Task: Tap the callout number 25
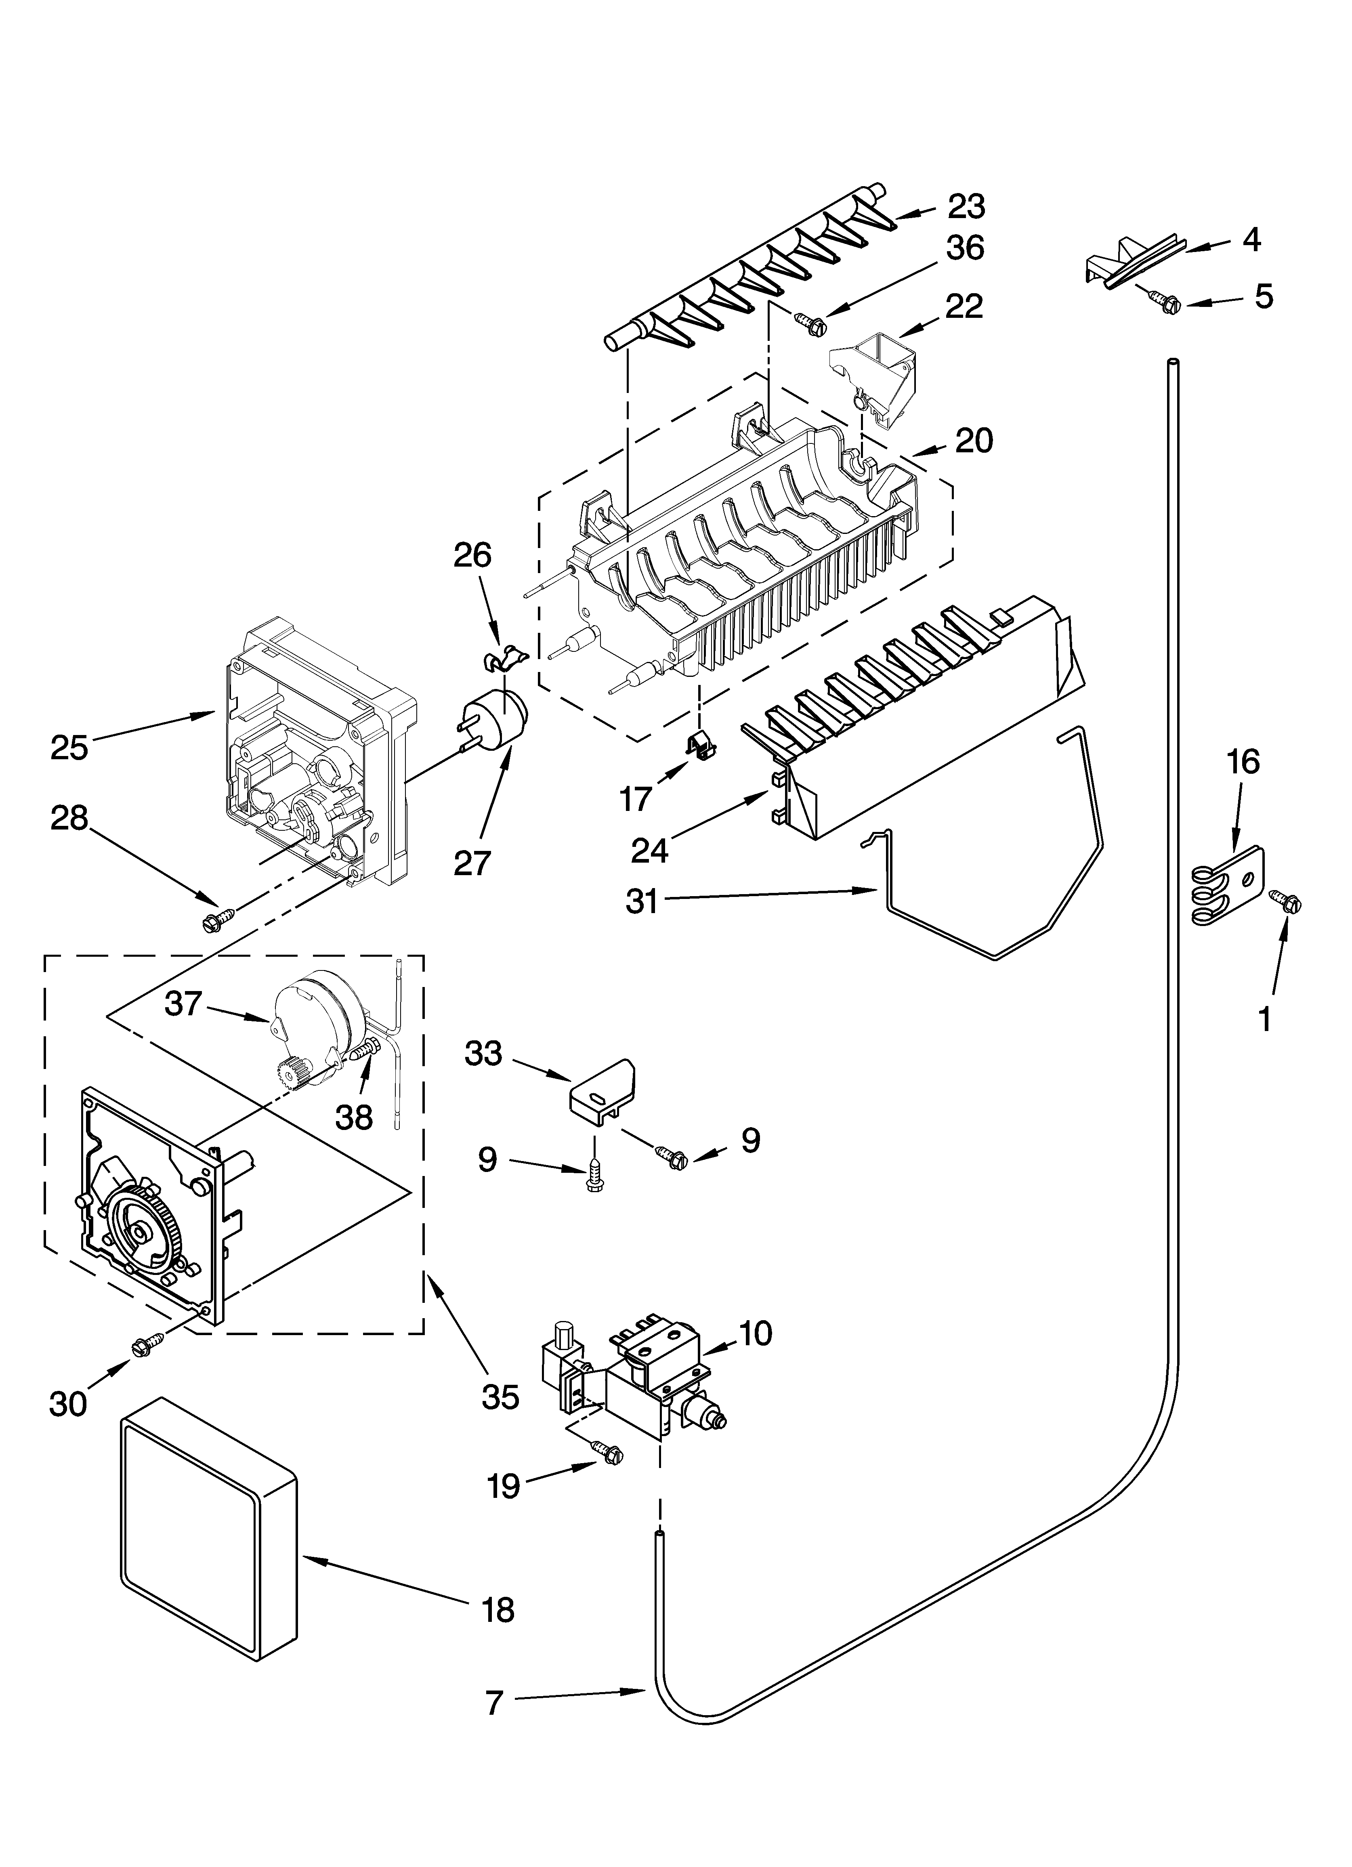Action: coord(69,748)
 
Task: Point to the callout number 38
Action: coord(354,1116)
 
